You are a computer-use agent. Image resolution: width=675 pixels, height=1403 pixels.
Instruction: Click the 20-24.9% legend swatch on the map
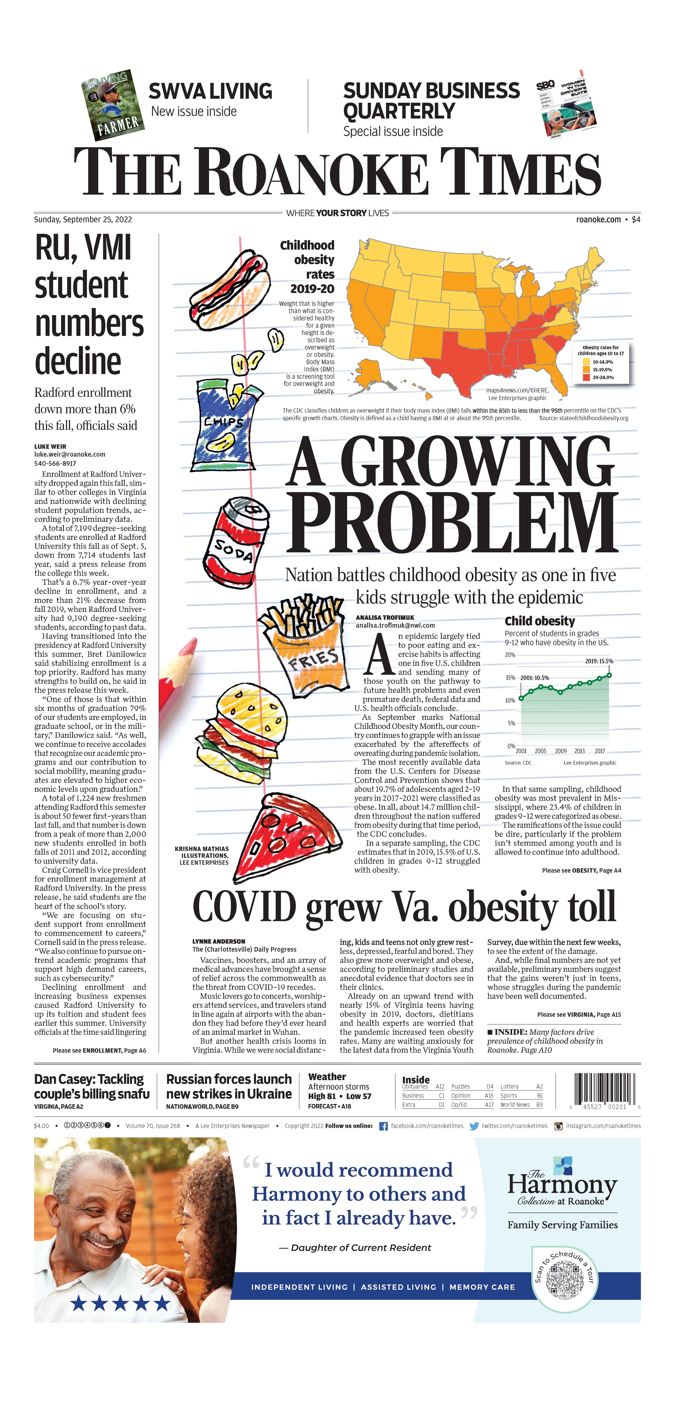click(586, 377)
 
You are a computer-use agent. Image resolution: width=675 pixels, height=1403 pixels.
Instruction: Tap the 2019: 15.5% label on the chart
click(599, 661)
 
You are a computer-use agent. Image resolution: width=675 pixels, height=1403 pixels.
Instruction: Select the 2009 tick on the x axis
click(561, 751)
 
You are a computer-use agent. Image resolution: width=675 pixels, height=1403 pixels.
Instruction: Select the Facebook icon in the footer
click(383, 1126)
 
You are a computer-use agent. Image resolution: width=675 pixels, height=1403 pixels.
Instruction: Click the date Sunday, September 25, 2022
click(83, 220)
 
